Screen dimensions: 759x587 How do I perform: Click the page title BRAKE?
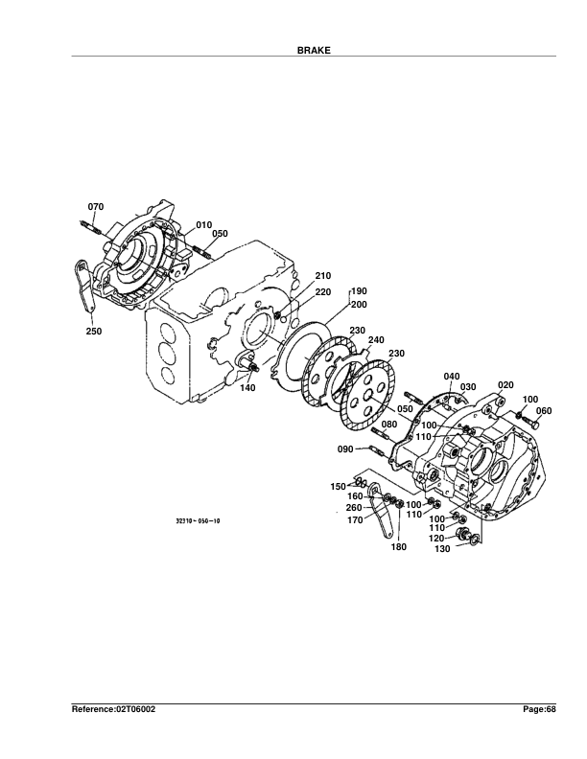314,49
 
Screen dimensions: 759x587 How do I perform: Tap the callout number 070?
96,207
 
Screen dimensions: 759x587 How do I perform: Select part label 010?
203,224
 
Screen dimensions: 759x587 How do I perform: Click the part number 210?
322,276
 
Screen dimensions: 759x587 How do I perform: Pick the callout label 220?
322,291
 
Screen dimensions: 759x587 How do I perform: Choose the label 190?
359,291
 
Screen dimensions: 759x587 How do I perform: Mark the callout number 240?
375,339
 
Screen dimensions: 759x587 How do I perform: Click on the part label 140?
247,388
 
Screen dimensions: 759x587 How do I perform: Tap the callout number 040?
452,376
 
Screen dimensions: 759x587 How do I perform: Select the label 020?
506,384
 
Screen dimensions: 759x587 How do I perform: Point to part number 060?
544,411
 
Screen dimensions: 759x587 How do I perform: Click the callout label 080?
388,424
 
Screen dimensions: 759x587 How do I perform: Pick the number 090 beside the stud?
345,448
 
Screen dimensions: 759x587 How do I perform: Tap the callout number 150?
338,487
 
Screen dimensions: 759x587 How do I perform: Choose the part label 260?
353,507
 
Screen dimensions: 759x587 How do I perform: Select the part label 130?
442,549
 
